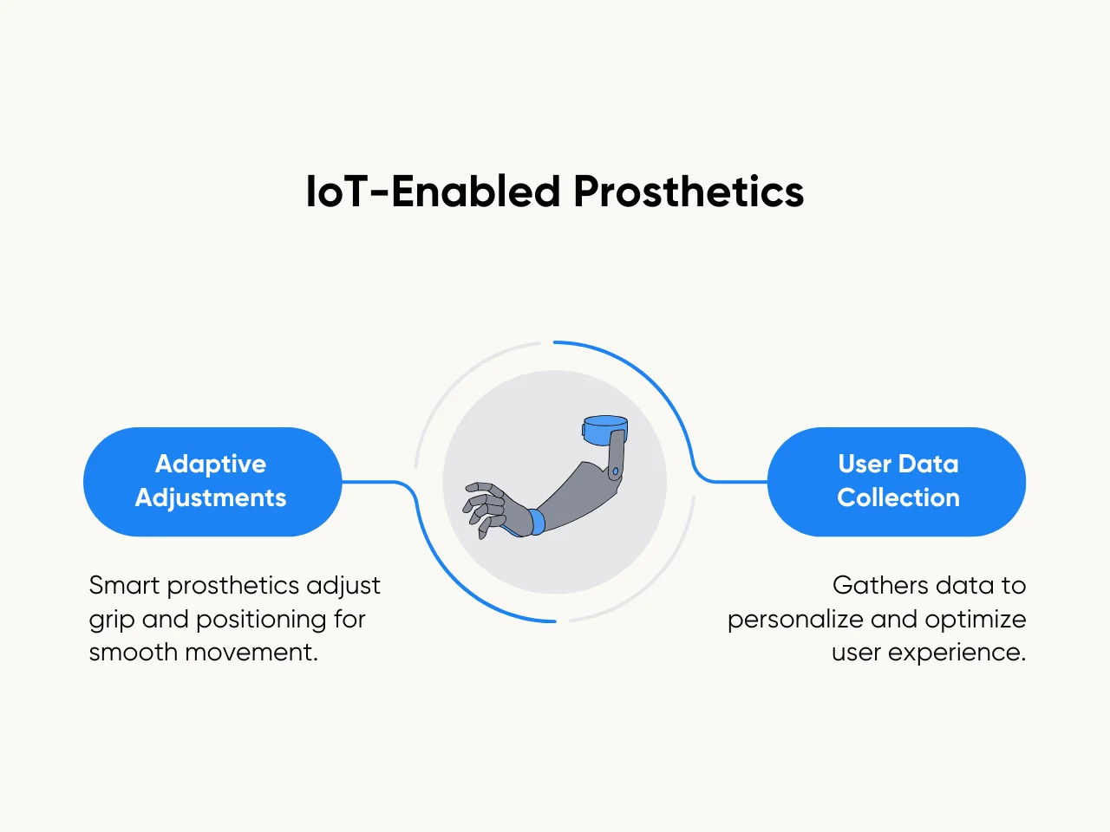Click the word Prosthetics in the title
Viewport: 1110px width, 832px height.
point(689,192)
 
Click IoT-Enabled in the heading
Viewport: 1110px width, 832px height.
point(433,192)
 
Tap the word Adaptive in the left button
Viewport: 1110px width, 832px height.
point(211,465)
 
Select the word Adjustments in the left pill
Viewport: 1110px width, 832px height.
point(211,498)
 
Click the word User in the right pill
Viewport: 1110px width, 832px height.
point(862,464)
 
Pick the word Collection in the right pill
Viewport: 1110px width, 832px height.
point(898,497)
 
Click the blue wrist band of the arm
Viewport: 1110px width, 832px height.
point(537,522)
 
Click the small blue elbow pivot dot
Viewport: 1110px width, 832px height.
point(616,471)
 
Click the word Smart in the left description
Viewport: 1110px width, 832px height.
point(124,586)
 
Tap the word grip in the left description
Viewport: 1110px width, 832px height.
point(112,621)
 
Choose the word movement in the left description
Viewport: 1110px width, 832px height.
point(251,652)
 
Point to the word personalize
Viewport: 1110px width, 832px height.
point(795,621)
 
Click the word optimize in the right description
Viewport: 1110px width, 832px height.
point(976,621)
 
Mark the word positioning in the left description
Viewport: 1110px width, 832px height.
point(261,621)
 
